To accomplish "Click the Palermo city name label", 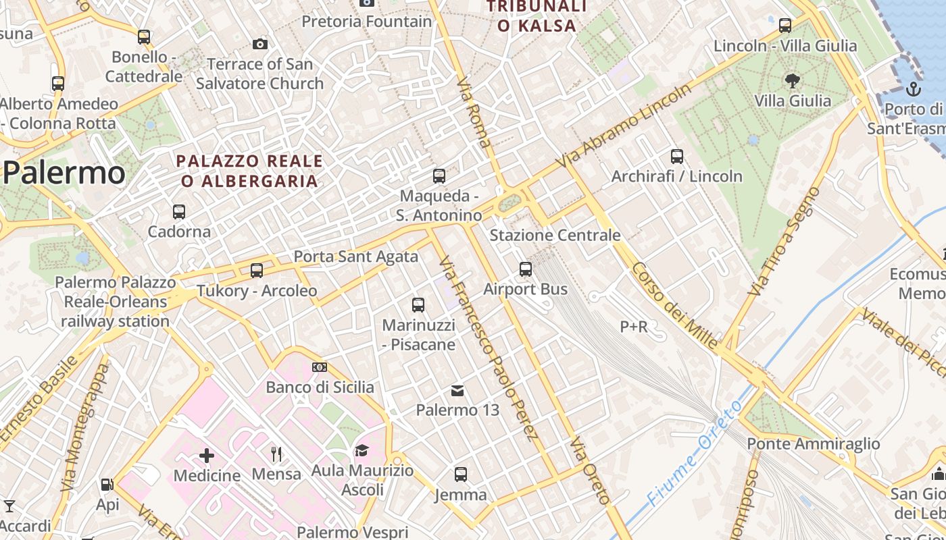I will click(x=64, y=173).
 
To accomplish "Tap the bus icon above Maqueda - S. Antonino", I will click(x=439, y=176).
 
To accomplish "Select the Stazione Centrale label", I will click(x=555, y=235).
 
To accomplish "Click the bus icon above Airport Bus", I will click(x=526, y=269).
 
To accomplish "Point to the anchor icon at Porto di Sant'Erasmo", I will click(x=913, y=88).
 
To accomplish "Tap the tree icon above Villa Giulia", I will click(x=793, y=81).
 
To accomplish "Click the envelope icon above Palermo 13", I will click(x=457, y=390).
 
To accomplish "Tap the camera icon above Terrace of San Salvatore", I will click(x=259, y=45).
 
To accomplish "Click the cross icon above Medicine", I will click(x=207, y=456).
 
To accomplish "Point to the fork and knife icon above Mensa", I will click(x=276, y=454).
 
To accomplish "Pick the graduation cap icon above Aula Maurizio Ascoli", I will click(x=362, y=450).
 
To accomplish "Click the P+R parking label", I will click(x=634, y=327).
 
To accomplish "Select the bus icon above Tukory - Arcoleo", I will click(x=257, y=271).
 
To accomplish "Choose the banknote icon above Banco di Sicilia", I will click(x=320, y=367).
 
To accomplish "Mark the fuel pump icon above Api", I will click(x=107, y=484).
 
